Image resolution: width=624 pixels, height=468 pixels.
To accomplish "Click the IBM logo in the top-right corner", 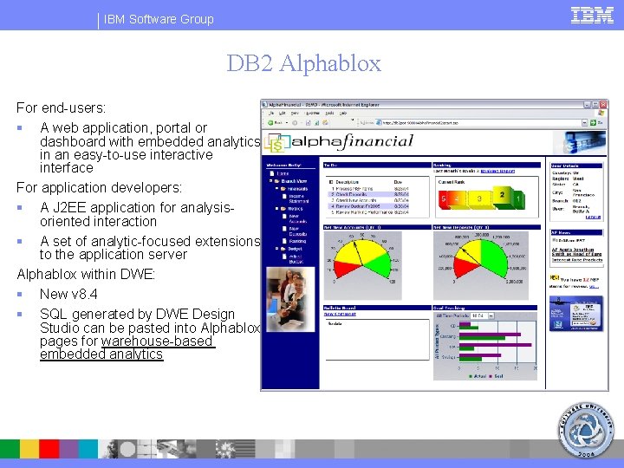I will pos(593,15).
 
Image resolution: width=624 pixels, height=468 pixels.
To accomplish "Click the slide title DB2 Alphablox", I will pos(303,63).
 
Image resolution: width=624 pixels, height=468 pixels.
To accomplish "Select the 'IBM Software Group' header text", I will pos(159,19).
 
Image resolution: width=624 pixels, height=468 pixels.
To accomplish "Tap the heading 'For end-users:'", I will pos(62,108).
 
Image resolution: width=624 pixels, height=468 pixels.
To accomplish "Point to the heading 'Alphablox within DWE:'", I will pos(87,275).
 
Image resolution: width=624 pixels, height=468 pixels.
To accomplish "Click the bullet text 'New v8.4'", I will pos(68,295).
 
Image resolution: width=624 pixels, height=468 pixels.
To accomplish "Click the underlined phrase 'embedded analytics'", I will pos(101,354).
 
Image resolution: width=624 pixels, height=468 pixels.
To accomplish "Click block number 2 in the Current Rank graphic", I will pos(501,196).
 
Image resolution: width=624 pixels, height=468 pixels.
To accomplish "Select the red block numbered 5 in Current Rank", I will pos(444,199).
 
